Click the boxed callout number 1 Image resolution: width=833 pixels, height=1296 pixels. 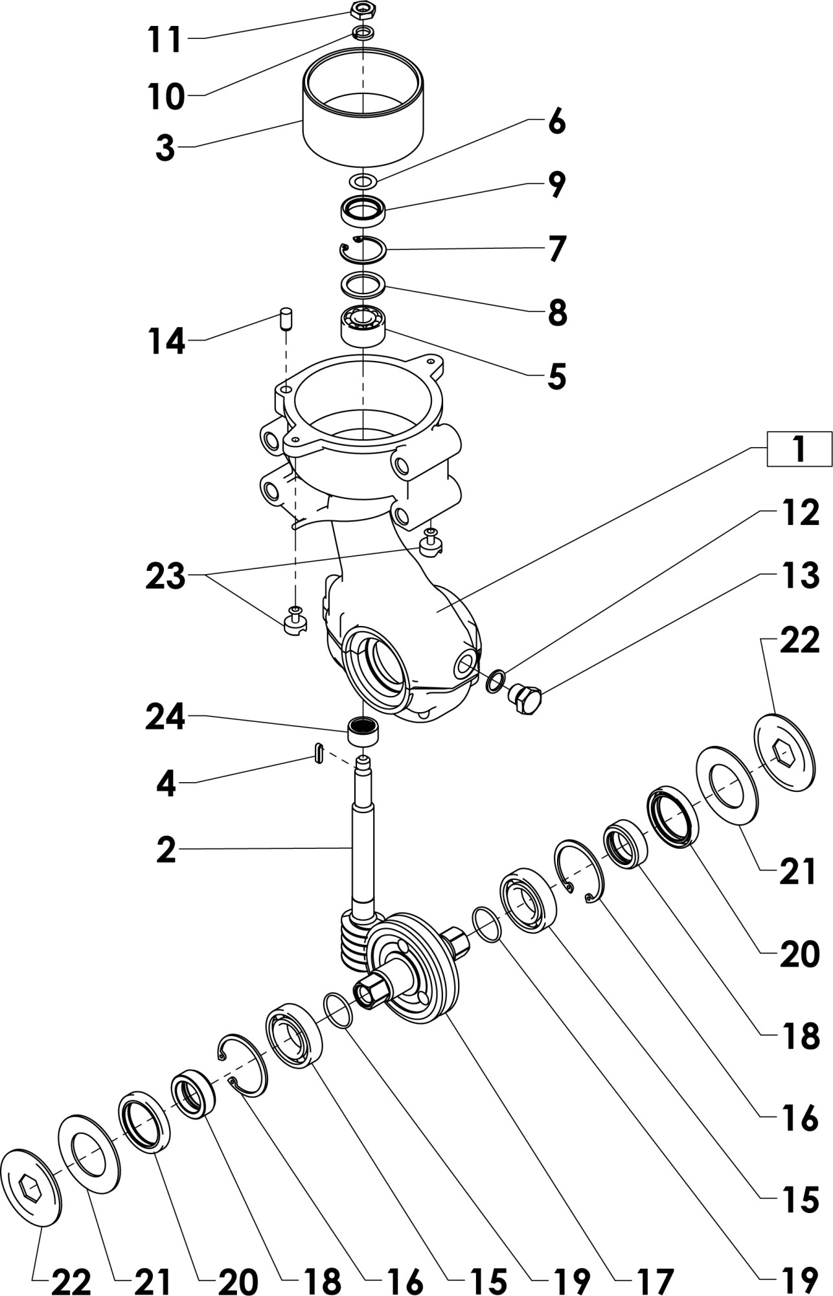pos(799,448)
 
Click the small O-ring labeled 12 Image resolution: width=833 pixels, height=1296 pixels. pos(496,680)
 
